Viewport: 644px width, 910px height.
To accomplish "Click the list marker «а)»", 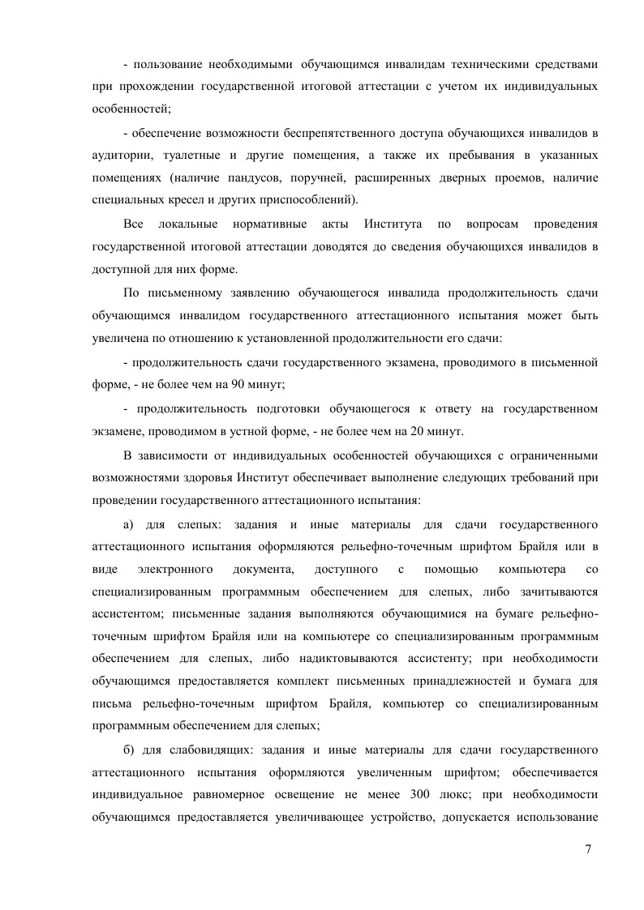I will coord(129,521).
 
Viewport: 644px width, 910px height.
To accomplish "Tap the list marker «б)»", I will coord(129,748).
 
